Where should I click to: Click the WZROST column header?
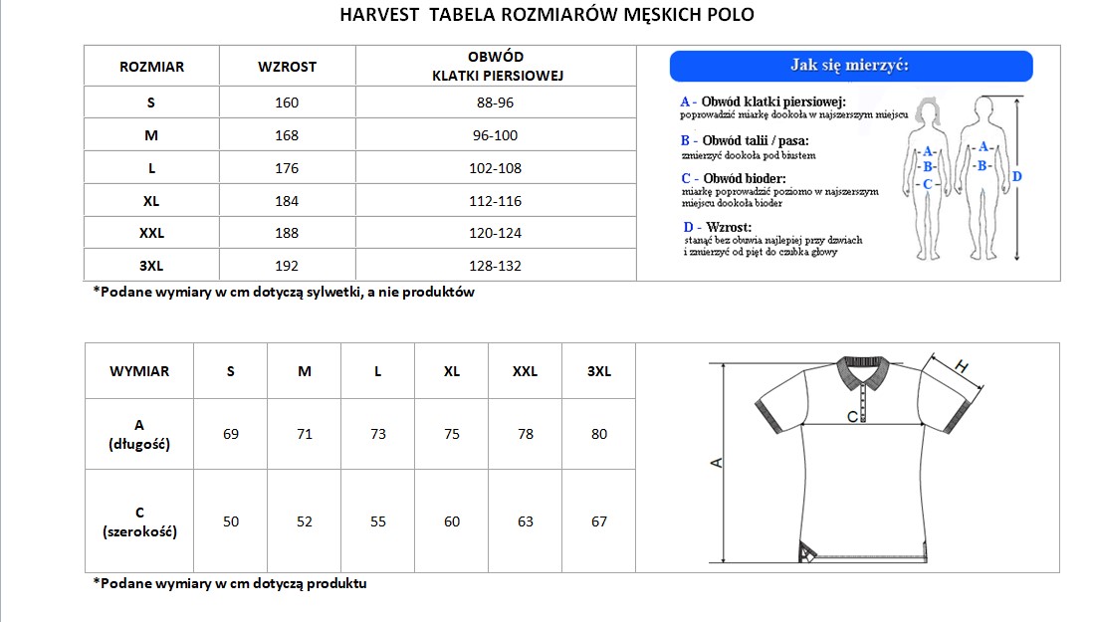click(x=287, y=67)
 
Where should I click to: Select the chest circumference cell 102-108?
click(x=495, y=168)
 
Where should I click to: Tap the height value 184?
click(x=287, y=201)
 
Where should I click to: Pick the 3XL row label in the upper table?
click(x=151, y=266)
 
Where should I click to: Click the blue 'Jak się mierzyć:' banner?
click(x=850, y=66)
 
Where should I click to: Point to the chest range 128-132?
click(x=495, y=266)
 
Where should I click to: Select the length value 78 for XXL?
click(x=526, y=434)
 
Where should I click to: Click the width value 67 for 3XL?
click(x=599, y=521)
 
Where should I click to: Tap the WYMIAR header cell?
click(x=139, y=371)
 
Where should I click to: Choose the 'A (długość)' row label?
click(x=139, y=434)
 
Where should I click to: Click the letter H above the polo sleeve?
click(x=962, y=365)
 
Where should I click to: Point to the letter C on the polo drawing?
click(x=852, y=417)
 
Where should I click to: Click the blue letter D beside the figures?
click(x=1016, y=176)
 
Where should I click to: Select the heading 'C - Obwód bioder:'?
click(x=733, y=178)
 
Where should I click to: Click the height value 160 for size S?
click(x=287, y=103)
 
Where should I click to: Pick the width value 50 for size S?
click(x=231, y=521)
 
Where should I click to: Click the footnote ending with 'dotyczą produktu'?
click(x=230, y=583)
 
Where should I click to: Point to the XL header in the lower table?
click(x=452, y=371)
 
